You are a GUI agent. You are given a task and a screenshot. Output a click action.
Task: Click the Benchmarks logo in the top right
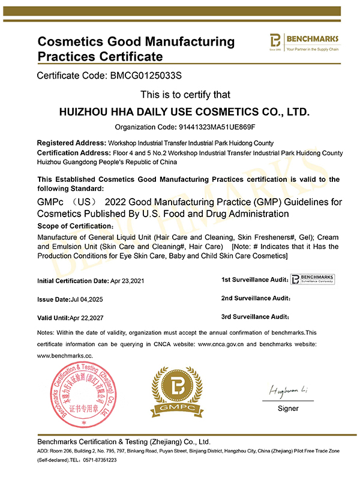point(304,42)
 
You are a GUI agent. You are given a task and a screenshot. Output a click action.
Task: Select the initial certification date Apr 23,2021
point(127,280)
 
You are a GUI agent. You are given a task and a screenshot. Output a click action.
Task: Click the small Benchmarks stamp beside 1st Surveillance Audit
point(313,279)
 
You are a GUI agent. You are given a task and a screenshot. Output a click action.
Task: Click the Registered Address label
point(71,143)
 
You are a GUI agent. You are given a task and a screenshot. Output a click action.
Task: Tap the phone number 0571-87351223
point(101,460)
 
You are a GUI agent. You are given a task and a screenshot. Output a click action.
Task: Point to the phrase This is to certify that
point(185,95)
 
